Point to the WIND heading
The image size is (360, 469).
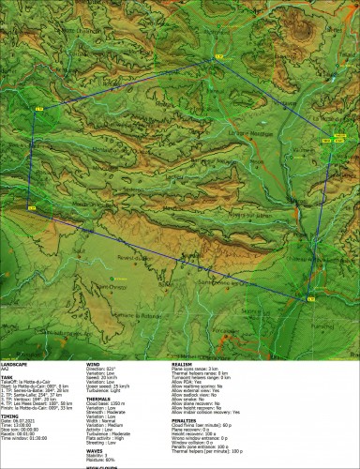[x=93, y=361]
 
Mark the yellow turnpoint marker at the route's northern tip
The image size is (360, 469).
[x=218, y=57]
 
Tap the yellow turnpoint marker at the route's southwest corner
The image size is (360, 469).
[x=31, y=206]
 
